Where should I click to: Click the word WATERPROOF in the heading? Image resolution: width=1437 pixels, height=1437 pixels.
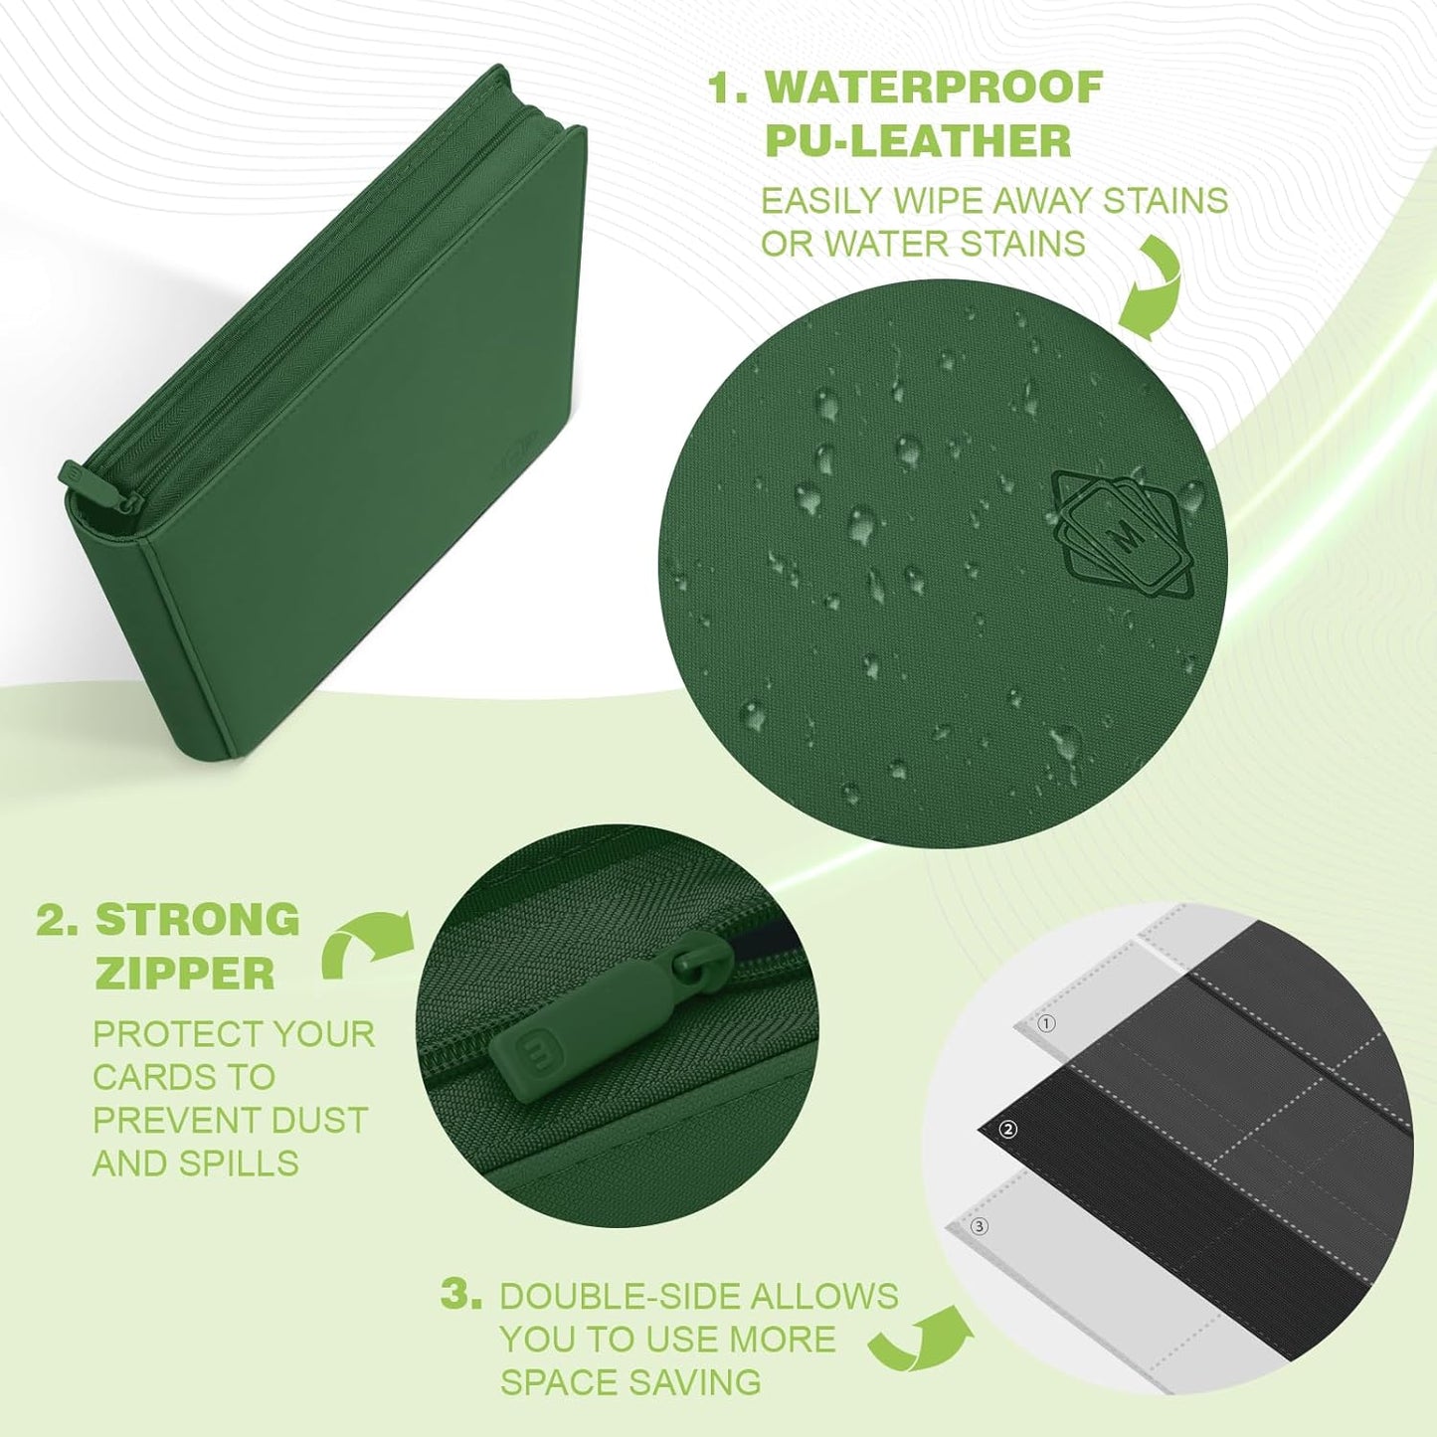[933, 88]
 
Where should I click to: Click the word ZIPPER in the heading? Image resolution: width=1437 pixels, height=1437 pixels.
[185, 974]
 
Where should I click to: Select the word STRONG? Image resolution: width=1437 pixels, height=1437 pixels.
[198, 919]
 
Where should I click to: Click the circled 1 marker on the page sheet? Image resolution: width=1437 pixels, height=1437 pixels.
[1046, 1023]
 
